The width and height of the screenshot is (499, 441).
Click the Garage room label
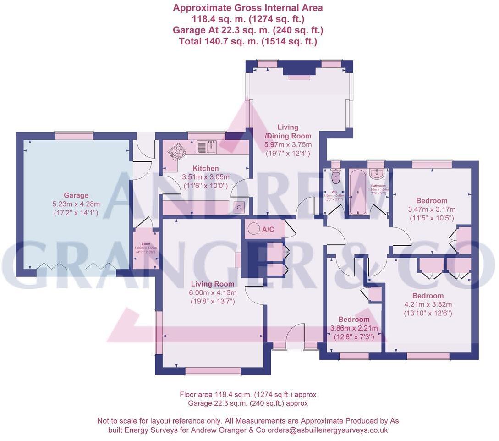coord(76,195)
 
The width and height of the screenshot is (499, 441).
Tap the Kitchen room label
coord(206,168)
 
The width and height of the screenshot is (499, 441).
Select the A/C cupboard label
coord(268,229)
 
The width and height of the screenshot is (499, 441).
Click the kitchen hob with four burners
coord(176,151)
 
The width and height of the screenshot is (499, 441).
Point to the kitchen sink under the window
coord(207,147)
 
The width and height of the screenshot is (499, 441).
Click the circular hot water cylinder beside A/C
coord(252,228)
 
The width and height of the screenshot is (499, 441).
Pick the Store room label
coord(145,244)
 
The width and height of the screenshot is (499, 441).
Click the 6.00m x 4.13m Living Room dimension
coord(213,293)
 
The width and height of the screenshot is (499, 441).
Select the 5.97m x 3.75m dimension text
coord(287,145)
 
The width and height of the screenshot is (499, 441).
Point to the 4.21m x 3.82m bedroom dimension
coord(428,304)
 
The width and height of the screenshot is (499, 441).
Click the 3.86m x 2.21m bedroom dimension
coord(354,328)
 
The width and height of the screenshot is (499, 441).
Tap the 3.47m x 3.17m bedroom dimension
coord(431,209)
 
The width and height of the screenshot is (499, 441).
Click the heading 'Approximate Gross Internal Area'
coord(247,8)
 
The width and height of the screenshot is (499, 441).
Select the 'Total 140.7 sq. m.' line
coord(247,41)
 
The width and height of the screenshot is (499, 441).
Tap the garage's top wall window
coord(74,136)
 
